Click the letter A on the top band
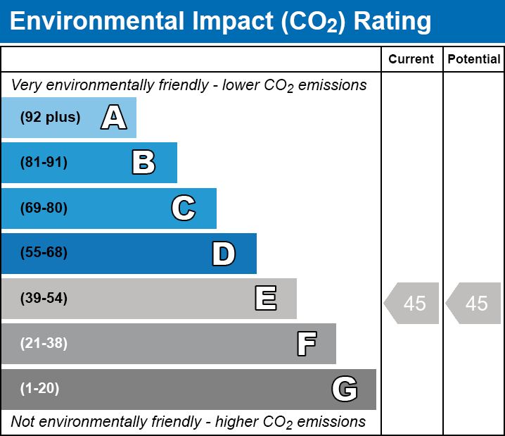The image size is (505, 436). point(114,117)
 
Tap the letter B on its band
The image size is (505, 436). point(143,162)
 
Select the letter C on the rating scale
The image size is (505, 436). point(184,208)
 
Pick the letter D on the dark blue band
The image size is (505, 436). point(224,254)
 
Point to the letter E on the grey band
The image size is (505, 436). point(266,298)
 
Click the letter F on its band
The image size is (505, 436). point(307,344)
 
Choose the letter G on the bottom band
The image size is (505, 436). point(345,389)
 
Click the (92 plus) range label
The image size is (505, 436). point(50,117)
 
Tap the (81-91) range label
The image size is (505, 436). point(44,162)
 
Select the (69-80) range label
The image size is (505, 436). point(44,208)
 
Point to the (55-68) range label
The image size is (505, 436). point(44,252)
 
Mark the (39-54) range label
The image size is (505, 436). point(44,299)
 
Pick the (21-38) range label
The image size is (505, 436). point(44,344)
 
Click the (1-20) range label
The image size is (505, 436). point(39,389)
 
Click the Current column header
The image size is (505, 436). point(411,59)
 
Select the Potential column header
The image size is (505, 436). point(474,59)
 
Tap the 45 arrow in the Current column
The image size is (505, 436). point(411,303)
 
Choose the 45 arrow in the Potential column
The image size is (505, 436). point(473,303)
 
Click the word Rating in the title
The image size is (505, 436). point(392,22)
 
